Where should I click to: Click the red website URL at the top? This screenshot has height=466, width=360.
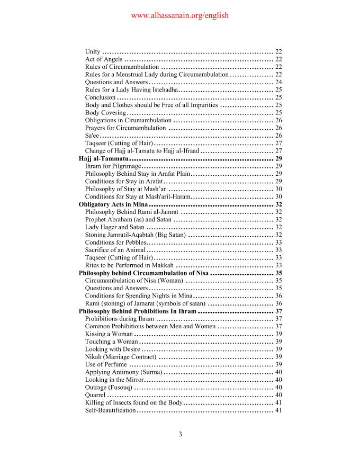[179, 15]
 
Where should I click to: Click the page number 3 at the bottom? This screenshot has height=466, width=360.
[180, 435]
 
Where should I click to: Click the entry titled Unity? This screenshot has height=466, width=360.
[93, 51]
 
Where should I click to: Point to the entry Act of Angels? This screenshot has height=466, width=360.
[104, 59]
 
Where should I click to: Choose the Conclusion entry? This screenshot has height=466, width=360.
[100, 97]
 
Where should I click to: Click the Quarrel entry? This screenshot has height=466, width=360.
[95, 395]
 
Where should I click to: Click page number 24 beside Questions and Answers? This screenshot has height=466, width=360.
[278, 82]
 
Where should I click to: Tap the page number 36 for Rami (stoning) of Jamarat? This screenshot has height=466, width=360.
[278, 303]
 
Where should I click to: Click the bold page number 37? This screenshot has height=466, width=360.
[278, 311]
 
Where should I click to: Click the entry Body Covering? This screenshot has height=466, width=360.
[105, 113]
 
